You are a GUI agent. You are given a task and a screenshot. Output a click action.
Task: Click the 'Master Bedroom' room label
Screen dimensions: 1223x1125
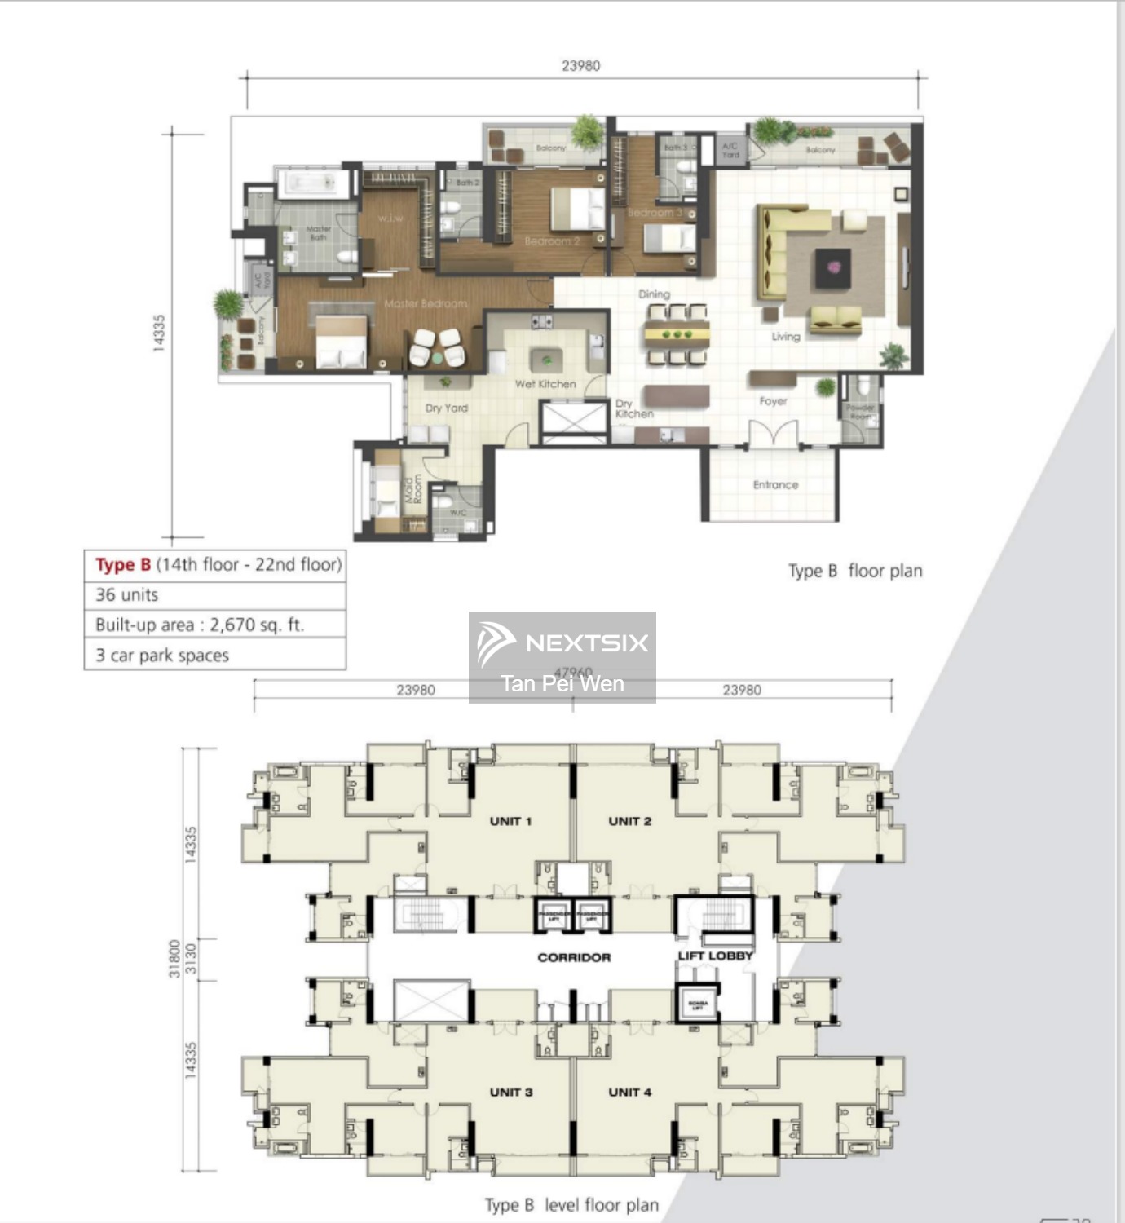[x=426, y=303]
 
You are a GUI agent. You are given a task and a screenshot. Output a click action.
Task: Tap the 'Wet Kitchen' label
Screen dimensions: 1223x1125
[x=545, y=384]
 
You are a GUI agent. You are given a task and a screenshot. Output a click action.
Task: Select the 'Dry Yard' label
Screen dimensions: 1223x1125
[x=447, y=408]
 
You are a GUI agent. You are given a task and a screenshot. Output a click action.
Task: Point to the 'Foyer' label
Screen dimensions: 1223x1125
[x=773, y=401]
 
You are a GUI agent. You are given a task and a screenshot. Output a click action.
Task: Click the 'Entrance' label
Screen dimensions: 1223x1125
[x=775, y=484]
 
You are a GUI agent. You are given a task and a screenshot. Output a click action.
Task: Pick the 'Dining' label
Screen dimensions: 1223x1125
[x=654, y=294]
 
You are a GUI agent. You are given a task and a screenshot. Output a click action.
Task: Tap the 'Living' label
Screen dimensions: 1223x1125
[x=786, y=336]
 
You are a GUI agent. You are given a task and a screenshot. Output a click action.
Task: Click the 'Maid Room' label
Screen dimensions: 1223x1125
[x=412, y=489]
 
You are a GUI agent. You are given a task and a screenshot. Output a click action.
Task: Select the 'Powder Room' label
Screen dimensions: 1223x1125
[x=860, y=412]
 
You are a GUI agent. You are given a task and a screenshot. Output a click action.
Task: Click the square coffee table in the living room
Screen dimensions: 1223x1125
[x=832, y=267]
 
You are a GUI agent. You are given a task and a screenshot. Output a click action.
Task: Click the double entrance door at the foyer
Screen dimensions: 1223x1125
[x=773, y=434]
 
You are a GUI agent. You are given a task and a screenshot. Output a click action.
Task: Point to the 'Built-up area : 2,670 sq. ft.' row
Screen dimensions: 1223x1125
[x=200, y=625]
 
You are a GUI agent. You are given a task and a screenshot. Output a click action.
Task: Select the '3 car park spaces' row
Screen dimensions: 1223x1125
[x=162, y=656]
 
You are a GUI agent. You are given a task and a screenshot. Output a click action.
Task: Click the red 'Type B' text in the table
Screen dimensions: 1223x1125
[x=123, y=564]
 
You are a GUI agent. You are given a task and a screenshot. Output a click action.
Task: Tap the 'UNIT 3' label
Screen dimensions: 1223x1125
[x=511, y=1092]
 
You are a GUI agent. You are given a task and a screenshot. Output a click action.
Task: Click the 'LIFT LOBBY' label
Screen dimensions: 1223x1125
[x=715, y=956]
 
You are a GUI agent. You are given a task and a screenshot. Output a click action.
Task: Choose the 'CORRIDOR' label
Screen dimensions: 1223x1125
[x=574, y=957]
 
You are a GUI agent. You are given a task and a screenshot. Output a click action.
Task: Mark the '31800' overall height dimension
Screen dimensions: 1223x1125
[x=174, y=958]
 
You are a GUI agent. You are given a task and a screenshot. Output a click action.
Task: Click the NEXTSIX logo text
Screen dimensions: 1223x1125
[x=586, y=643]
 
